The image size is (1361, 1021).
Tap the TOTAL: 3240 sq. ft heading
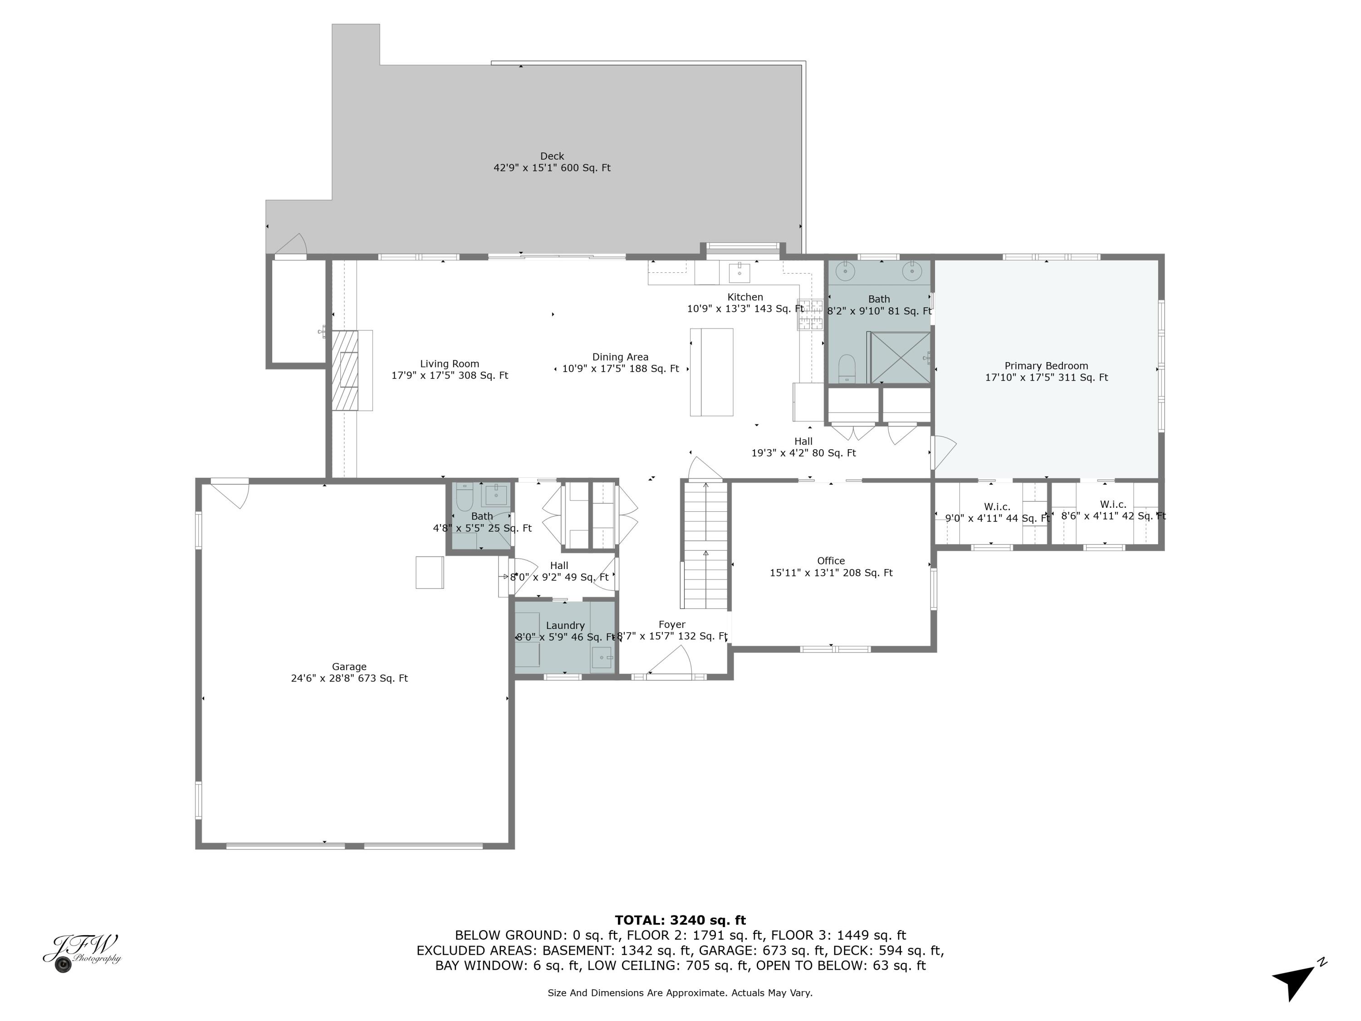[x=680, y=920]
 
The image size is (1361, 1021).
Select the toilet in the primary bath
[x=847, y=368]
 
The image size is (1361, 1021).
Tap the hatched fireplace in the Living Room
[x=345, y=370]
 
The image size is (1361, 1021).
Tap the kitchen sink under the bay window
[x=739, y=271]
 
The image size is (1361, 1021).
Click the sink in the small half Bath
[x=495, y=494]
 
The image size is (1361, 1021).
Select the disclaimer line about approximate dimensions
[x=680, y=993]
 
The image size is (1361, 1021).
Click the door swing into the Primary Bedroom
[x=943, y=451]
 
